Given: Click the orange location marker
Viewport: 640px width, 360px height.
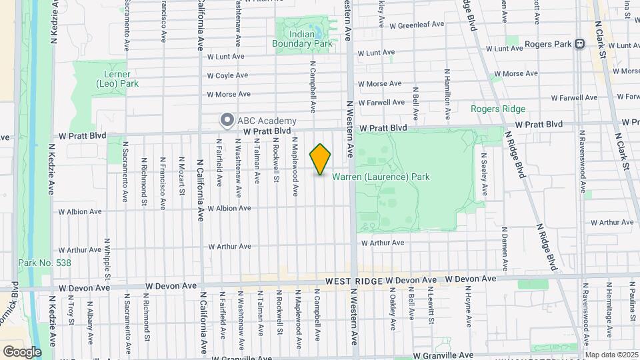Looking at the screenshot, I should pos(320,159).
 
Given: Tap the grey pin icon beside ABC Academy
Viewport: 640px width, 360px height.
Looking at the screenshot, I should pos(227,120).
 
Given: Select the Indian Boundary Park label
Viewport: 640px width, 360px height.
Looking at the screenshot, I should pos(302,39).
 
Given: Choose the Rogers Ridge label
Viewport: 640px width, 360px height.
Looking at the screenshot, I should pos(498,109).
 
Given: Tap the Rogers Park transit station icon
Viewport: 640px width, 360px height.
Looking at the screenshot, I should pos(579,44).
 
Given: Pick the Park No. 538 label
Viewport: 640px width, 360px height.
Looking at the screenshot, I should pos(45,263).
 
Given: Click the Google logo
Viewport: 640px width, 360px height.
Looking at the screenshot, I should pos(22,351).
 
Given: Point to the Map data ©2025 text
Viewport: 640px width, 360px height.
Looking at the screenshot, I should pos(611,355).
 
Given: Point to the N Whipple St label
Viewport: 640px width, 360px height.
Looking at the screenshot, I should pos(107,255).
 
